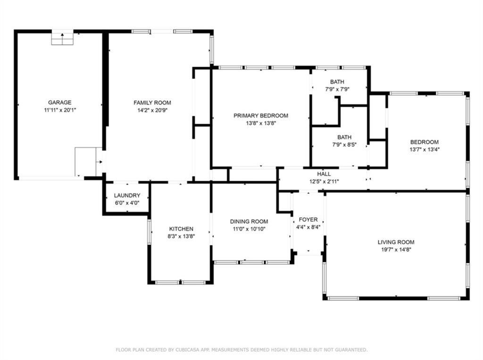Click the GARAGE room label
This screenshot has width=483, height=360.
60,102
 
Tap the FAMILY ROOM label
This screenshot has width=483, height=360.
152,103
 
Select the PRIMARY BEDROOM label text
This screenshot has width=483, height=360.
261,116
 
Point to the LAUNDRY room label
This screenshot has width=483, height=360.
127,195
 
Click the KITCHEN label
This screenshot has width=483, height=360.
181,229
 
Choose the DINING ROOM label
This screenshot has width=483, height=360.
249,222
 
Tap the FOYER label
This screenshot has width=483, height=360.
308,220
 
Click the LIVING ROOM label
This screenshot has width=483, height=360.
396,242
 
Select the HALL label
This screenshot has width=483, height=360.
324,174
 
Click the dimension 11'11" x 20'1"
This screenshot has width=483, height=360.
60,110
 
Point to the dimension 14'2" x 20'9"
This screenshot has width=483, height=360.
152,110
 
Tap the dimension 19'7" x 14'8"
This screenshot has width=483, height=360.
396,250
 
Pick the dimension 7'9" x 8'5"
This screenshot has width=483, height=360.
344,144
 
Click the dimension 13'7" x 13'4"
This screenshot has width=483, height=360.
425,150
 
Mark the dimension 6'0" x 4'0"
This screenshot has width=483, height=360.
127,203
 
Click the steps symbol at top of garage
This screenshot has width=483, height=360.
62,38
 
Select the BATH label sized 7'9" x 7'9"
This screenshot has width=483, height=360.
337,82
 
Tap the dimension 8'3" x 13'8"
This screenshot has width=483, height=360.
181,236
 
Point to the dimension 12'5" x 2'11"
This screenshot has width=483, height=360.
324,182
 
